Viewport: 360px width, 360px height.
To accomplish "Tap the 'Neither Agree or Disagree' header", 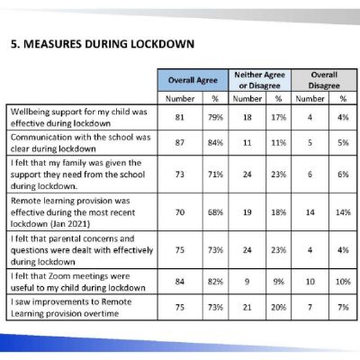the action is coord(261,80).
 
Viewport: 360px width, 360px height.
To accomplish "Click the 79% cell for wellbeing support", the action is coord(212,114).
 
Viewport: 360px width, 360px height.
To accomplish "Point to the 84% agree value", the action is coord(212,141).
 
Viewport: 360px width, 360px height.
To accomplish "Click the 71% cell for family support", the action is coord(212,175).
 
